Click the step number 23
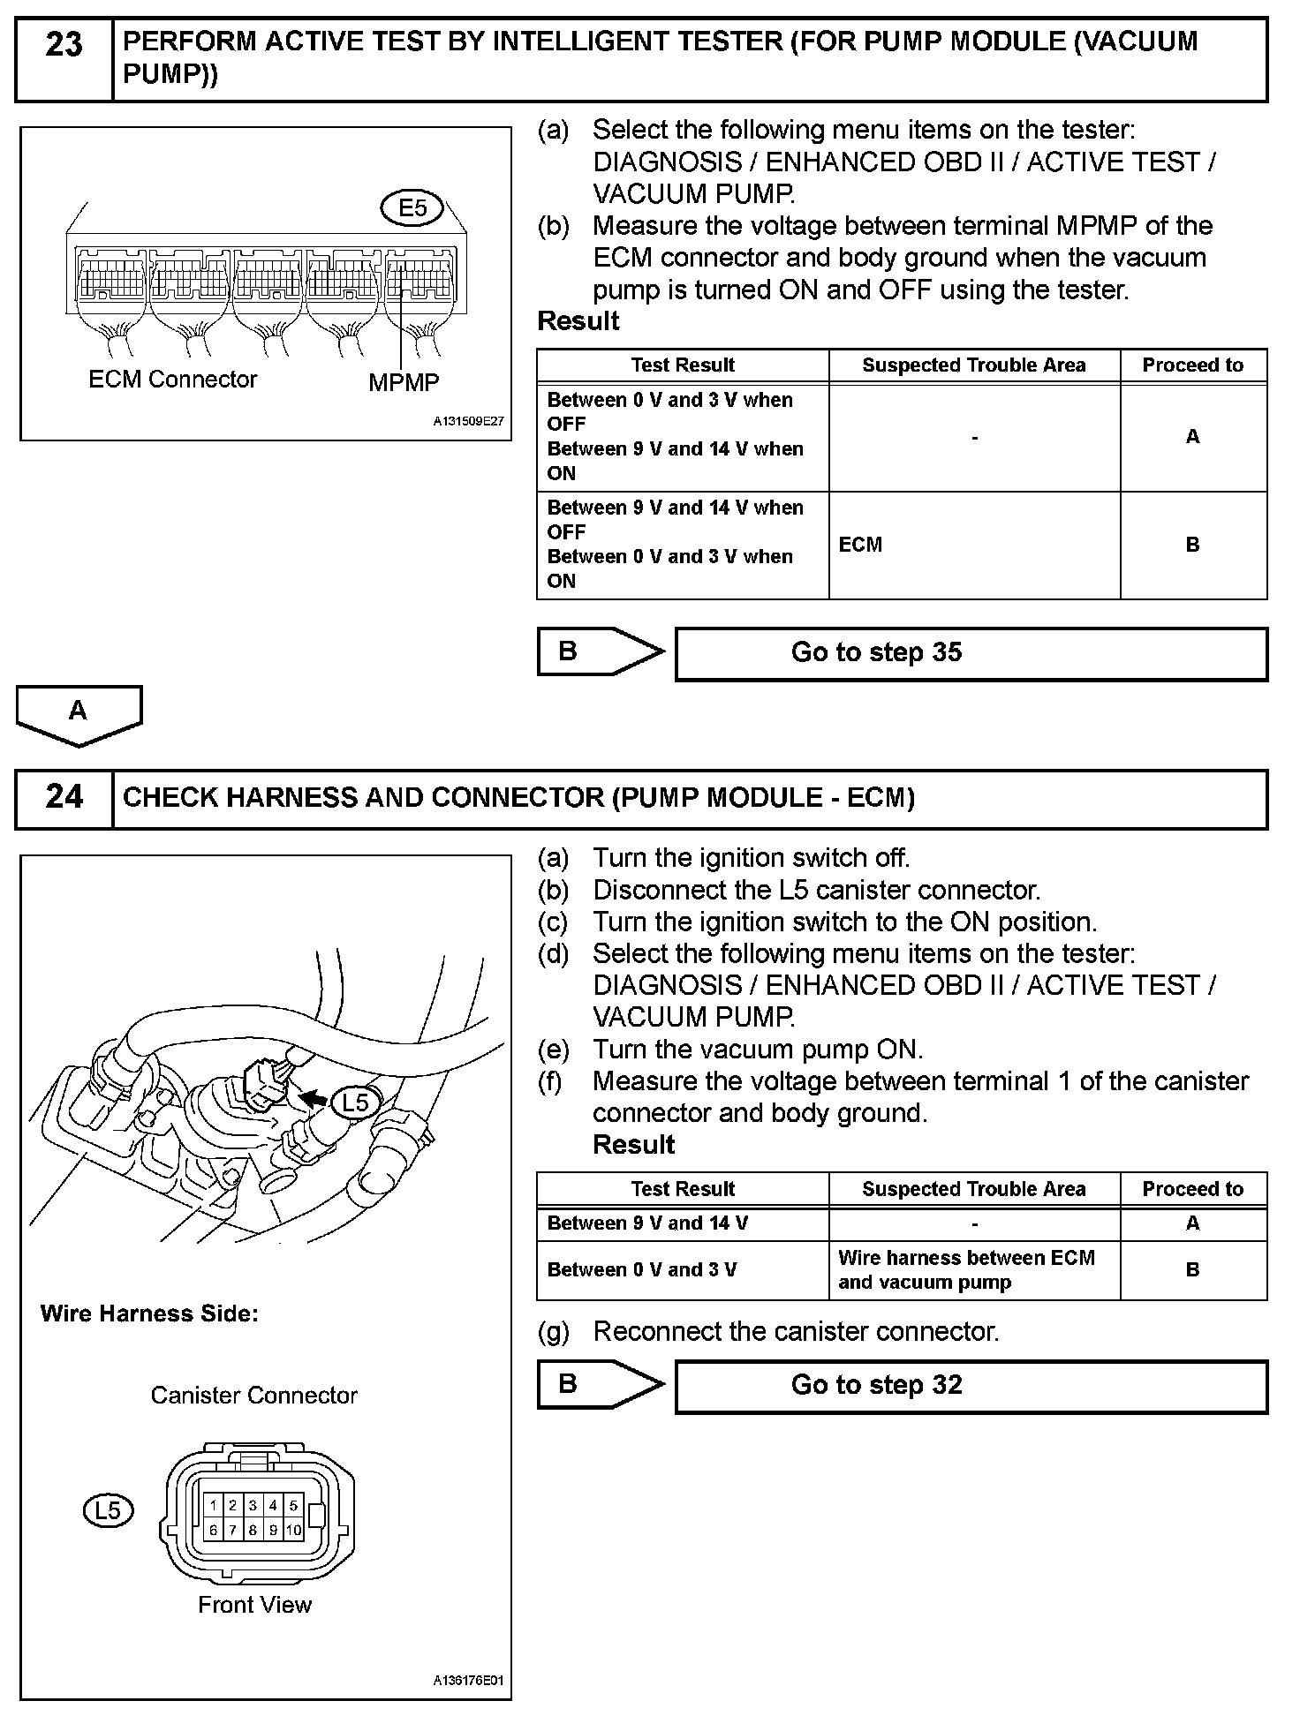(x=64, y=44)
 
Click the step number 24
(x=64, y=797)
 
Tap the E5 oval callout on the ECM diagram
(x=412, y=208)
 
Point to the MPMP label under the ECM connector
(x=404, y=382)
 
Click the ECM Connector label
(x=173, y=380)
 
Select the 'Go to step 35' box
(x=971, y=653)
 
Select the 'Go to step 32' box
(x=971, y=1385)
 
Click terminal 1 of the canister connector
(x=213, y=1505)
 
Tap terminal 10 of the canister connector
(x=293, y=1530)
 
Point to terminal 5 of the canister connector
(x=293, y=1505)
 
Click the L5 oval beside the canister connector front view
(x=108, y=1510)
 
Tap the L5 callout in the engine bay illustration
(x=355, y=1103)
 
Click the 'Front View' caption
(x=254, y=1605)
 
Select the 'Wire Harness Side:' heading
(x=149, y=1313)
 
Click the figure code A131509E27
(x=468, y=422)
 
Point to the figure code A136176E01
(x=468, y=1682)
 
